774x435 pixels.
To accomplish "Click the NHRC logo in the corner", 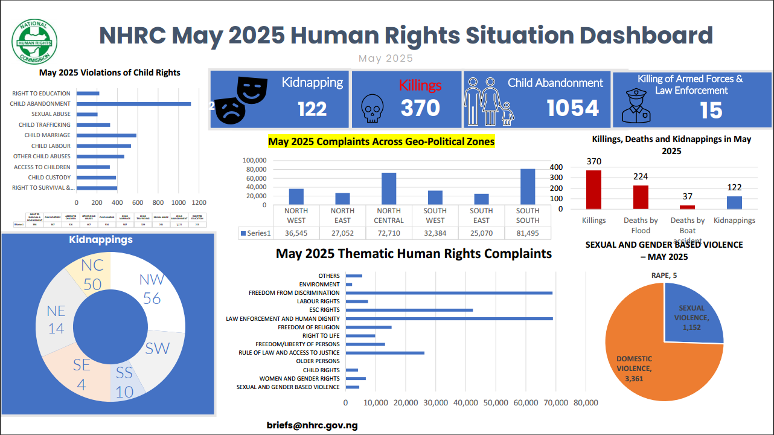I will click(x=35, y=42).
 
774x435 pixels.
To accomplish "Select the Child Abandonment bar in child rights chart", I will click(x=133, y=104).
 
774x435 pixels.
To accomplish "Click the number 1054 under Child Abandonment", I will click(x=572, y=108).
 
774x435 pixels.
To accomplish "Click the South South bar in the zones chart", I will click(x=527, y=187).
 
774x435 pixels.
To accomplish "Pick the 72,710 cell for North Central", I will click(x=388, y=233).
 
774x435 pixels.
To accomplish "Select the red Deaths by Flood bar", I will click(x=641, y=197).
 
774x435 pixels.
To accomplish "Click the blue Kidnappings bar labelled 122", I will click(x=734, y=202).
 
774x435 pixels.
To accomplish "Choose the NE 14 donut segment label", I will click(x=56, y=319).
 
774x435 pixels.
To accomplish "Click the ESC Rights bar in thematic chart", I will click(x=409, y=310).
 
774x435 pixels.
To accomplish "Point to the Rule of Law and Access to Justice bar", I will click(x=385, y=353).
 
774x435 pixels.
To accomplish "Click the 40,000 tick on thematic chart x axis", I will click(x=465, y=403).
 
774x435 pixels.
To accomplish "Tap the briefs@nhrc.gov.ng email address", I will click(x=312, y=425).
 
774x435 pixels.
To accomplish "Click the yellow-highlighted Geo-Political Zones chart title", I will click(x=381, y=142).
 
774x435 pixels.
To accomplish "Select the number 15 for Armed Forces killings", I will click(x=711, y=111).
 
